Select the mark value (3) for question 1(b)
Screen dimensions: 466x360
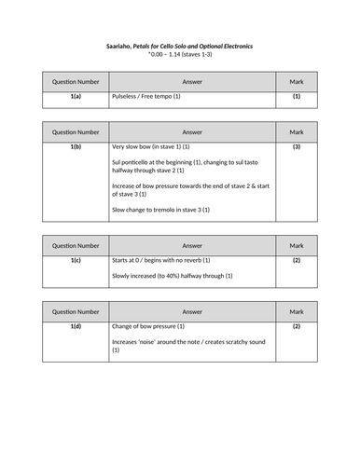[x=297, y=147]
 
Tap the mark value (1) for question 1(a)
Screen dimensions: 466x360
[x=297, y=96]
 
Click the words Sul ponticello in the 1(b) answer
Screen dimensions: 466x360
[x=132, y=163]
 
